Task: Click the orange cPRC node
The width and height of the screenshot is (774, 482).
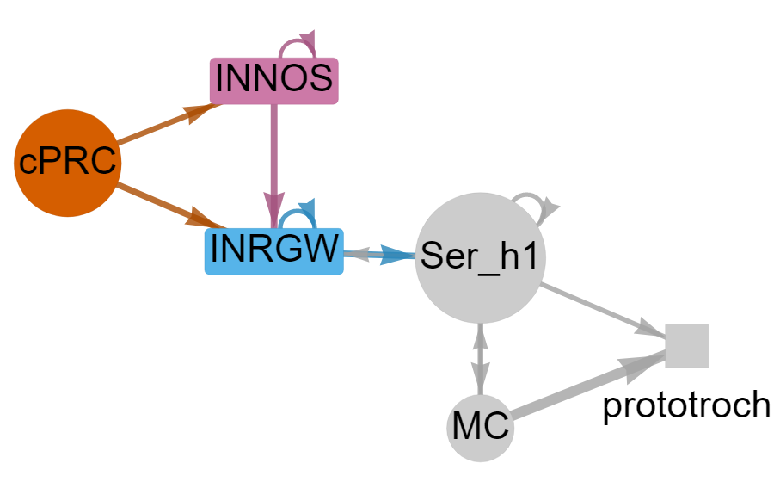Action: coord(67,163)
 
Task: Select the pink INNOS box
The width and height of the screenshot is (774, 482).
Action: coord(274,80)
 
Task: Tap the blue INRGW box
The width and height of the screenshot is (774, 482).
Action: coord(274,250)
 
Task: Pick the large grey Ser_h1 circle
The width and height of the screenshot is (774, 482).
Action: coord(480,258)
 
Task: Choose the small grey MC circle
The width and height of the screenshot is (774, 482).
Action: coord(480,427)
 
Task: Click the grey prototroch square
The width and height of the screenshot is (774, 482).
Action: coord(687,346)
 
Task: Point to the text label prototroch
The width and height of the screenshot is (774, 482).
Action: coord(685,405)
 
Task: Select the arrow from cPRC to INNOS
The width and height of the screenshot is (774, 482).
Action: coord(159,124)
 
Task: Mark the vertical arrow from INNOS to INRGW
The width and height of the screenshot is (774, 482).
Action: coord(274,155)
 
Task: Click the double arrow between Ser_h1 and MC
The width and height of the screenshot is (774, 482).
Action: coord(480,358)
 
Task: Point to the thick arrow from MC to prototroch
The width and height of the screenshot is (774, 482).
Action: coord(585,387)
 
